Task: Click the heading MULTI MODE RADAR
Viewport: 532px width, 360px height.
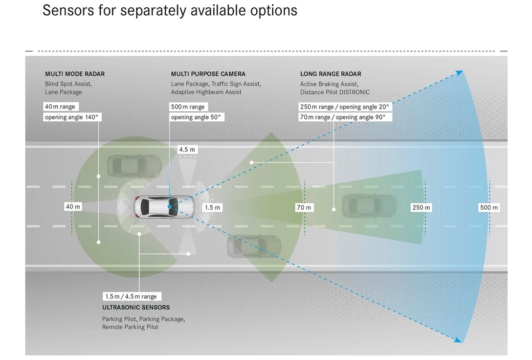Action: click(x=75, y=74)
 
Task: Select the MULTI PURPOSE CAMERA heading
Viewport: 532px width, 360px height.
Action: click(x=208, y=74)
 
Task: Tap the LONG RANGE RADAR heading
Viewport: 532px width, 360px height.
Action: click(x=331, y=74)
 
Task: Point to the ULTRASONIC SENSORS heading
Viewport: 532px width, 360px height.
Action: click(x=136, y=307)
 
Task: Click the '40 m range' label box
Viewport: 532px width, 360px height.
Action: click(x=60, y=107)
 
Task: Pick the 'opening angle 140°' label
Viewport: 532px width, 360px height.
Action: click(x=72, y=117)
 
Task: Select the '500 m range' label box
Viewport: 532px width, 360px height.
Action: click(x=188, y=107)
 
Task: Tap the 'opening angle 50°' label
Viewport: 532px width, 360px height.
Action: click(x=196, y=117)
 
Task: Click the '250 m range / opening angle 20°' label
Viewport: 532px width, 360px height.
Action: click(x=345, y=107)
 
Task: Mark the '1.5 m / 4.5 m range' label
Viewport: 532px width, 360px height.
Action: click(x=131, y=296)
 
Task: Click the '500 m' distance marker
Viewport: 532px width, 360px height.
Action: click(x=489, y=207)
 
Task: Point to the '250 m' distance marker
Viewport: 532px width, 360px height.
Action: click(x=421, y=207)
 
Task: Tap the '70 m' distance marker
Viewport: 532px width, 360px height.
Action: click(x=304, y=207)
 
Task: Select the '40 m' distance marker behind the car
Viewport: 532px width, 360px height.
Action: click(x=73, y=207)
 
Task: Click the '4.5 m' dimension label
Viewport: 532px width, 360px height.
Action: click(x=187, y=150)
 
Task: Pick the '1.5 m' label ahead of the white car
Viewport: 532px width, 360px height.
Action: click(x=212, y=207)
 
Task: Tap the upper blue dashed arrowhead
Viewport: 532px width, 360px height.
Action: click(x=459, y=73)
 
